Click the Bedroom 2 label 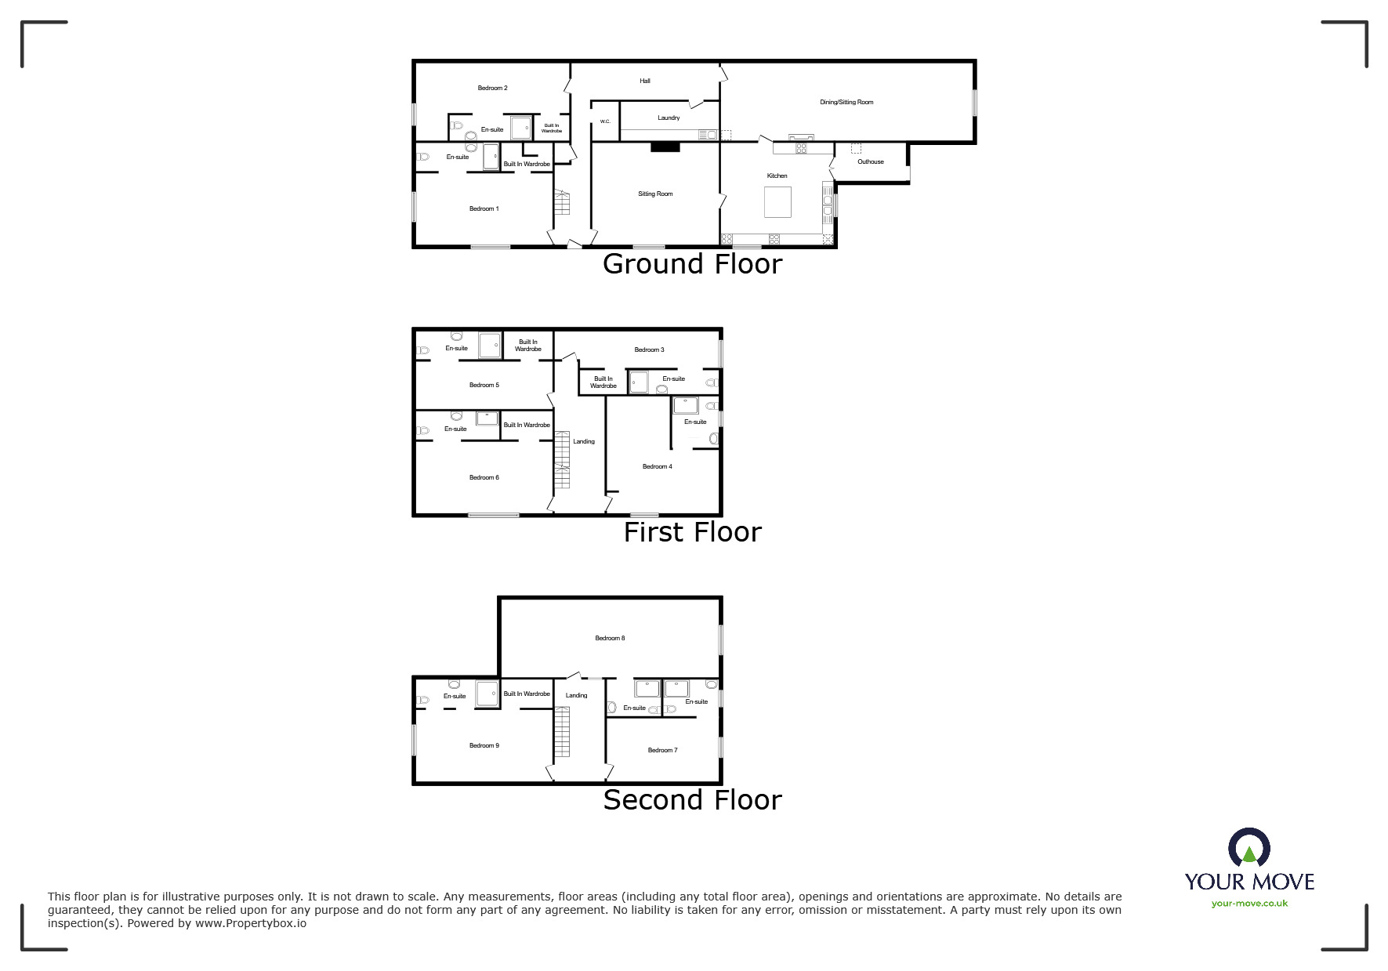pyautogui.click(x=493, y=88)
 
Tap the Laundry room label pyautogui.click(x=669, y=118)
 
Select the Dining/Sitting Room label pyautogui.click(x=846, y=102)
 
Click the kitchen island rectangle pyautogui.click(x=777, y=201)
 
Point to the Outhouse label pyautogui.click(x=870, y=161)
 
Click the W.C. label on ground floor pyautogui.click(x=605, y=121)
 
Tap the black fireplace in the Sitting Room pyautogui.click(x=666, y=146)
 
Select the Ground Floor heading pyautogui.click(x=692, y=264)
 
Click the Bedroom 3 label pyautogui.click(x=649, y=350)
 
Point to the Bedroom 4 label pyautogui.click(x=657, y=466)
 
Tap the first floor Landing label pyautogui.click(x=584, y=441)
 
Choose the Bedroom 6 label pyautogui.click(x=484, y=477)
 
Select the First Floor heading pyautogui.click(x=692, y=533)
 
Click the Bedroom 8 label pyautogui.click(x=610, y=638)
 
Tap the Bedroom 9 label pyautogui.click(x=484, y=745)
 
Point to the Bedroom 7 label pyautogui.click(x=662, y=750)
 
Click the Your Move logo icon pyautogui.click(x=1248, y=850)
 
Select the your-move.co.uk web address pyautogui.click(x=1249, y=904)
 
